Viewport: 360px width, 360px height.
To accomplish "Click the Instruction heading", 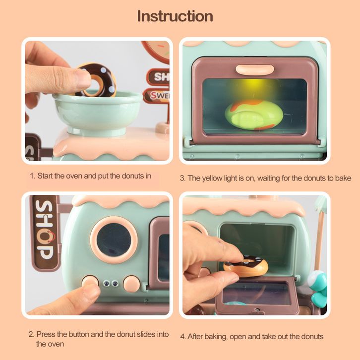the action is pyautogui.click(x=175, y=16).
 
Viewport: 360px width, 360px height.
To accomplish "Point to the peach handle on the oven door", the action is pyautogui.click(x=254, y=69).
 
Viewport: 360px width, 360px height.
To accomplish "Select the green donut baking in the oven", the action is pyautogui.click(x=254, y=115).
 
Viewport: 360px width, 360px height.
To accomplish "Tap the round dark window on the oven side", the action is pyautogui.click(x=114, y=240).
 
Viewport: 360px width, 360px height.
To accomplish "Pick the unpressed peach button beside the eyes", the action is pyautogui.click(x=131, y=284).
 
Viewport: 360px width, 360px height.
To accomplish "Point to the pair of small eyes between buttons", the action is pyautogui.click(x=111, y=284).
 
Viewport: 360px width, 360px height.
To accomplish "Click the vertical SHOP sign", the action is pyautogui.click(x=45, y=232).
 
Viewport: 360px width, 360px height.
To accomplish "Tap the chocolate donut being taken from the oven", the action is pyautogui.click(x=246, y=266).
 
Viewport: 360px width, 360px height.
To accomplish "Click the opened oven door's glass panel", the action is pyautogui.click(x=255, y=293).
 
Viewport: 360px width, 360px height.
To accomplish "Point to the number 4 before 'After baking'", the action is pyautogui.click(x=182, y=337).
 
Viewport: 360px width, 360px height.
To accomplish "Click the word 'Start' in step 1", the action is pyautogui.click(x=45, y=176).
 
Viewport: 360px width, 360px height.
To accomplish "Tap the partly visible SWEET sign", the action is pyautogui.click(x=156, y=96).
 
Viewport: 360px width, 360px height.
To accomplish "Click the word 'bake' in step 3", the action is pyautogui.click(x=344, y=178).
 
